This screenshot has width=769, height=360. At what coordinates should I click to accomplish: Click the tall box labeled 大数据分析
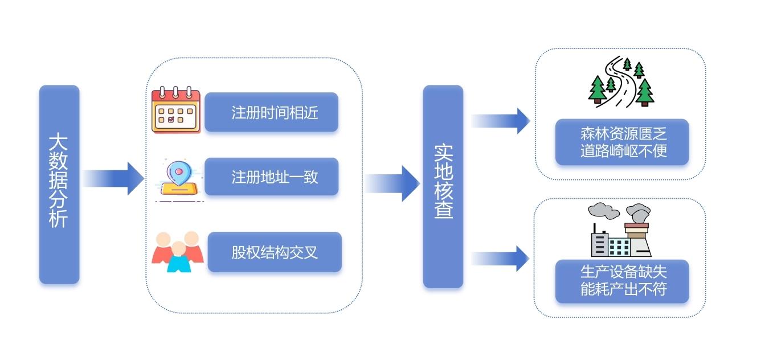pyautogui.click(x=59, y=184)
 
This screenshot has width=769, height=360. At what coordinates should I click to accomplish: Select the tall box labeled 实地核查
pyautogui.click(x=443, y=186)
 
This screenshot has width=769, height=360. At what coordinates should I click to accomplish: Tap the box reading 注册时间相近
pyautogui.click(x=272, y=112)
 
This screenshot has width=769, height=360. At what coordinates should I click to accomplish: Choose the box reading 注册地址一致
pyautogui.click(x=272, y=177)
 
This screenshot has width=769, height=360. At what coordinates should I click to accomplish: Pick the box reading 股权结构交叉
pyautogui.click(x=275, y=252)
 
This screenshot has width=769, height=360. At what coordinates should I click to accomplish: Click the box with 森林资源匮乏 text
pyautogui.click(x=622, y=142)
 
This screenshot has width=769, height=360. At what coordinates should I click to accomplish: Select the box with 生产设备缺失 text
pyautogui.click(x=622, y=281)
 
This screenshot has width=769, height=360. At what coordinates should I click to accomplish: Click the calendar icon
pyautogui.click(x=176, y=110)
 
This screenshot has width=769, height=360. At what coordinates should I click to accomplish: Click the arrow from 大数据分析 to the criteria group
pyautogui.click(x=113, y=178)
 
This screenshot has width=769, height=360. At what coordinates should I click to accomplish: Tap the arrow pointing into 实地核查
pyautogui.click(x=392, y=183)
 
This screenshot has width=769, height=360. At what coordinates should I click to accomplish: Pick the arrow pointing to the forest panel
pyautogui.click(x=501, y=121)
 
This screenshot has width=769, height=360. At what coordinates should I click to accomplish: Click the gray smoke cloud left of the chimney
pyautogui.click(x=603, y=211)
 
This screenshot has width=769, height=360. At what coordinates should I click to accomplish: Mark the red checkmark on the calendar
pyautogui.click(x=169, y=120)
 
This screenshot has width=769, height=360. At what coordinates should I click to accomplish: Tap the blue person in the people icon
pyautogui.click(x=179, y=259)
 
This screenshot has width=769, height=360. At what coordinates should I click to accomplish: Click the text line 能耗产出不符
pyautogui.click(x=622, y=289)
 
